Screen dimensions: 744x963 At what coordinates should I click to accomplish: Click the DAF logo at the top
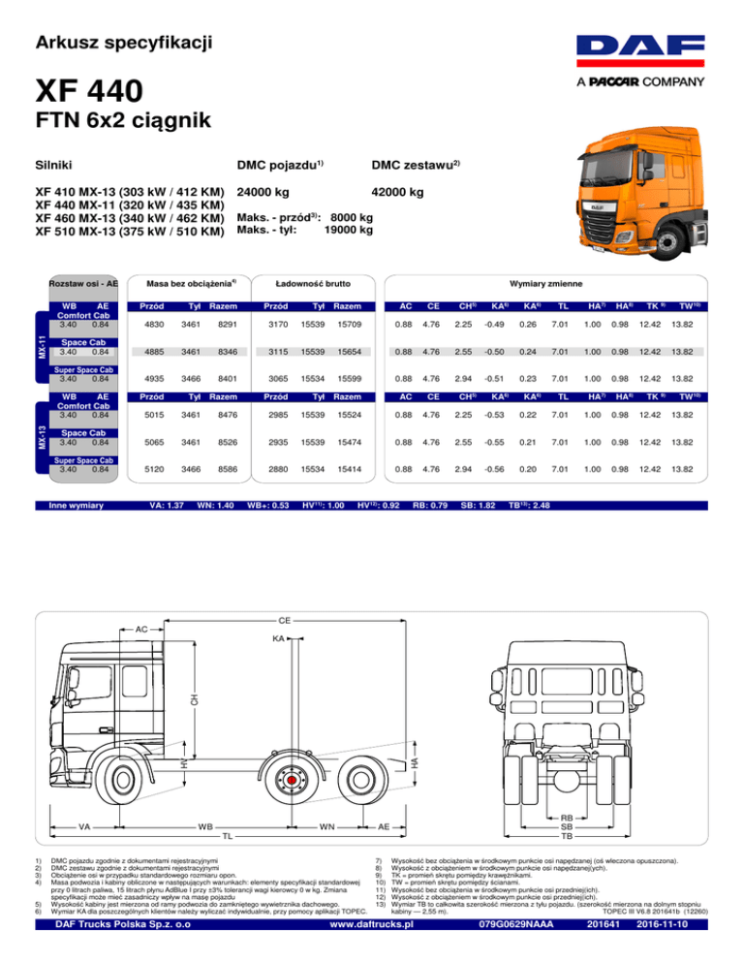(640, 51)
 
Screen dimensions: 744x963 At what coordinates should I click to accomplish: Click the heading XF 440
(89, 91)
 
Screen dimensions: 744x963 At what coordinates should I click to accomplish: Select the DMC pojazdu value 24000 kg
(263, 192)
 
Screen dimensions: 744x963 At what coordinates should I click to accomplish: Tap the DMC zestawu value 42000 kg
(397, 192)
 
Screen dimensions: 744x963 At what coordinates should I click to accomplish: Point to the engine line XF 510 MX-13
(130, 232)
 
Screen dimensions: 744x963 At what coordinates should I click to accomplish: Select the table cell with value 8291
(228, 325)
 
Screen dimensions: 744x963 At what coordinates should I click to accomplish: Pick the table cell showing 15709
(350, 325)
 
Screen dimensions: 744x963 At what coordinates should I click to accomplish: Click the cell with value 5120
(154, 469)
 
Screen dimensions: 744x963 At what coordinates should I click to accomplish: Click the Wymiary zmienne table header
(545, 284)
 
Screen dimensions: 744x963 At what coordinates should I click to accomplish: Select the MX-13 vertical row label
(42, 437)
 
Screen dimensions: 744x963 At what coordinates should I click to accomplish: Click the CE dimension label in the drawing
(285, 621)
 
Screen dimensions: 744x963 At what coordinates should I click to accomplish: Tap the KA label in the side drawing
(278, 638)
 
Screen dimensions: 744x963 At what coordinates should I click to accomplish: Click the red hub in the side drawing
(292, 780)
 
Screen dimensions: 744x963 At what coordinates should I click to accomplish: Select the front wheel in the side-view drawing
(121, 780)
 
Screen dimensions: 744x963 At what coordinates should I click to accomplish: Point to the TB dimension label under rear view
(567, 836)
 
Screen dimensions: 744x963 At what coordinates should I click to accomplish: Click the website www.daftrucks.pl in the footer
(371, 924)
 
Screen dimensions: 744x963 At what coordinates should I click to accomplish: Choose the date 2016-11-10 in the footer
(663, 924)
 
